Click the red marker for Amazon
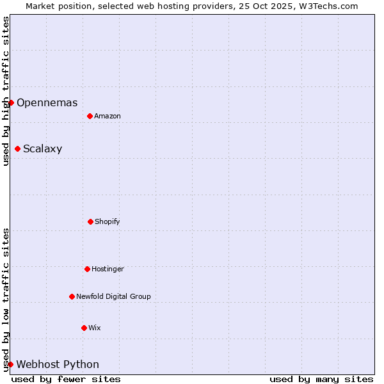(x=90, y=116)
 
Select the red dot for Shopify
(x=90, y=221)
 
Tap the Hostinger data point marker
(x=87, y=269)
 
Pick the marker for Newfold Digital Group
(x=72, y=296)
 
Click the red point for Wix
(x=84, y=328)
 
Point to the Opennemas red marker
(x=11, y=102)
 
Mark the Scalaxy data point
(x=17, y=148)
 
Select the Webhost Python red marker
(x=10, y=364)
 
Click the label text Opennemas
(x=47, y=102)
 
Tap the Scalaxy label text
(x=42, y=149)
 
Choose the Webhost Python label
(x=58, y=365)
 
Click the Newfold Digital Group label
(x=113, y=296)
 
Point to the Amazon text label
(x=108, y=116)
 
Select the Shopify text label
(x=108, y=221)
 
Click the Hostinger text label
(x=108, y=269)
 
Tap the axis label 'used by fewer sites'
(x=66, y=379)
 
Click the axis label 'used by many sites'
(x=321, y=379)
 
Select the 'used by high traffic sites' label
(x=6, y=91)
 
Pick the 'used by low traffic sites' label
(x=6, y=300)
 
